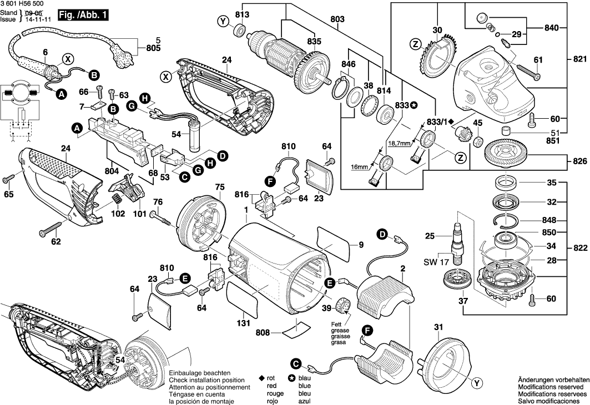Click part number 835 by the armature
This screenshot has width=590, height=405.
click(314, 41)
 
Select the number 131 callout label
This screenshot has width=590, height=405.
click(243, 322)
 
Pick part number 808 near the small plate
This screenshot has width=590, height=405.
click(263, 333)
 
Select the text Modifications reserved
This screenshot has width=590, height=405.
click(551, 387)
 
